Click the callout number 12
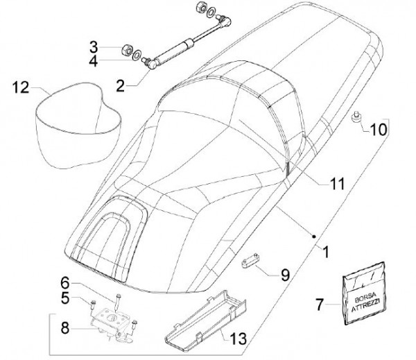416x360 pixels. (21, 87)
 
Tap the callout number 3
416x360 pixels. (94, 47)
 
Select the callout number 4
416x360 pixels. (94, 61)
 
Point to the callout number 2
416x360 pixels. (120, 85)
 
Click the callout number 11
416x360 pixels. (337, 183)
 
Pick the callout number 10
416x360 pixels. (379, 130)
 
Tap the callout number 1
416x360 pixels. (326, 252)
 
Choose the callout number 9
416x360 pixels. (285, 275)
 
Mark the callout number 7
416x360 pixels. (320, 305)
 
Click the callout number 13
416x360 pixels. (238, 338)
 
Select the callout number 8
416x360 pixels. (65, 328)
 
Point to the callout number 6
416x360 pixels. (65, 283)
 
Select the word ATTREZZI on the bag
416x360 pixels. (365, 306)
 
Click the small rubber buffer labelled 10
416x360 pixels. (355, 117)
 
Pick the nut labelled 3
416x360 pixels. (127, 51)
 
